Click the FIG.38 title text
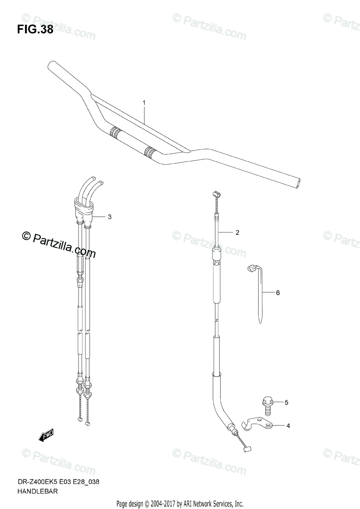click(35, 29)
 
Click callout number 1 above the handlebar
click(144, 103)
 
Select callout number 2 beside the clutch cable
click(237, 232)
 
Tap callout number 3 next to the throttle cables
click(110, 217)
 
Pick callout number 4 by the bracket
click(288, 426)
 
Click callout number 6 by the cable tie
click(278, 293)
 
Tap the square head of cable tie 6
click(251, 269)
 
